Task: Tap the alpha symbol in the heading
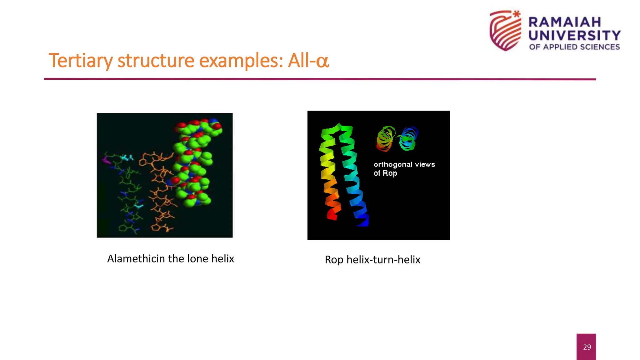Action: tap(322, 61)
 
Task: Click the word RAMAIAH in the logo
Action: tap(565, 22)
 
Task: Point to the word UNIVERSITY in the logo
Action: tap(574, 35)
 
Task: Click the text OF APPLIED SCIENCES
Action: tap(574, 47)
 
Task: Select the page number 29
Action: tap(587, 347)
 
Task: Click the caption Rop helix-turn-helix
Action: tap(372, 260)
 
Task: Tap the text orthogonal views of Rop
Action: tap(404, 169)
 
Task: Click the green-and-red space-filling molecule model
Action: tap(194, 162)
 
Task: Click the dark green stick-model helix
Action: tap(128, 194)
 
